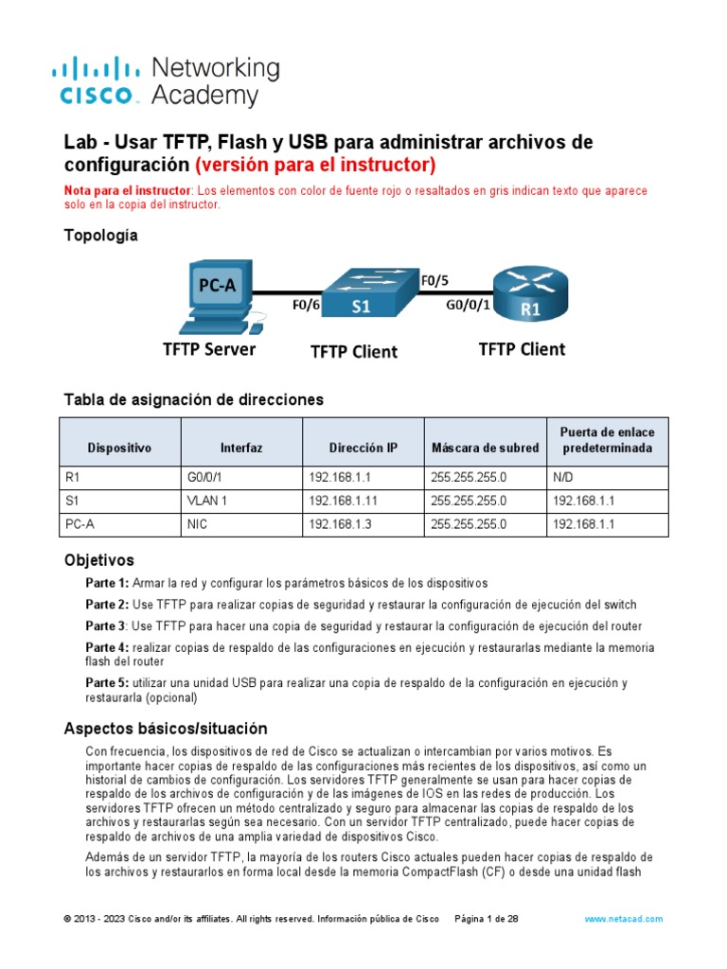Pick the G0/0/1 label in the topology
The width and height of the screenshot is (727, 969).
[x=468, y=306]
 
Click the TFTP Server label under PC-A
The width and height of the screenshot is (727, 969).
[x=209, y=349]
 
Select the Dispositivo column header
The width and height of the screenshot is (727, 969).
[x=119, y=448]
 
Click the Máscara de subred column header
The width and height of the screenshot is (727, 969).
[x=485, y=448]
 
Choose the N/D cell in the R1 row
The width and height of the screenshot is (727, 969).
[x=563, y=478]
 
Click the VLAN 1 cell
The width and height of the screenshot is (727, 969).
[x=208, y=501]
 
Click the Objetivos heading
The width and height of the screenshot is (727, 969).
[x=98, y=560]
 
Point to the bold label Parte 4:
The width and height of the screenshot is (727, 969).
[x=107, y=648]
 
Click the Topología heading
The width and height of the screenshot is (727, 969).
[x=100, y=236]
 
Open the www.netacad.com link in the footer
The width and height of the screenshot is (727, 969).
[x=623, y=919]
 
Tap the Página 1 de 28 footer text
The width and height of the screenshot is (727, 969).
[x=487, y=919]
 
